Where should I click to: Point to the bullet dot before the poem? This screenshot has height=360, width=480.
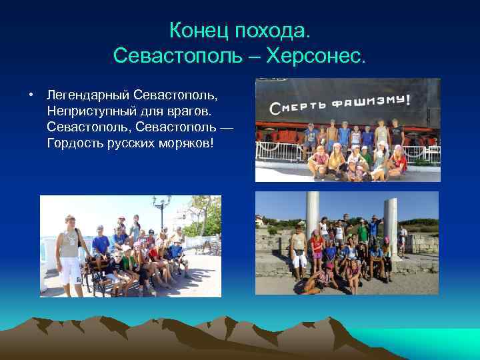click(31, 93)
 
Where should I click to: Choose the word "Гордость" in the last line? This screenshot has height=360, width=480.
click(76, 142)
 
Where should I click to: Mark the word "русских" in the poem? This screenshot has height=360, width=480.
click(137, 142)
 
